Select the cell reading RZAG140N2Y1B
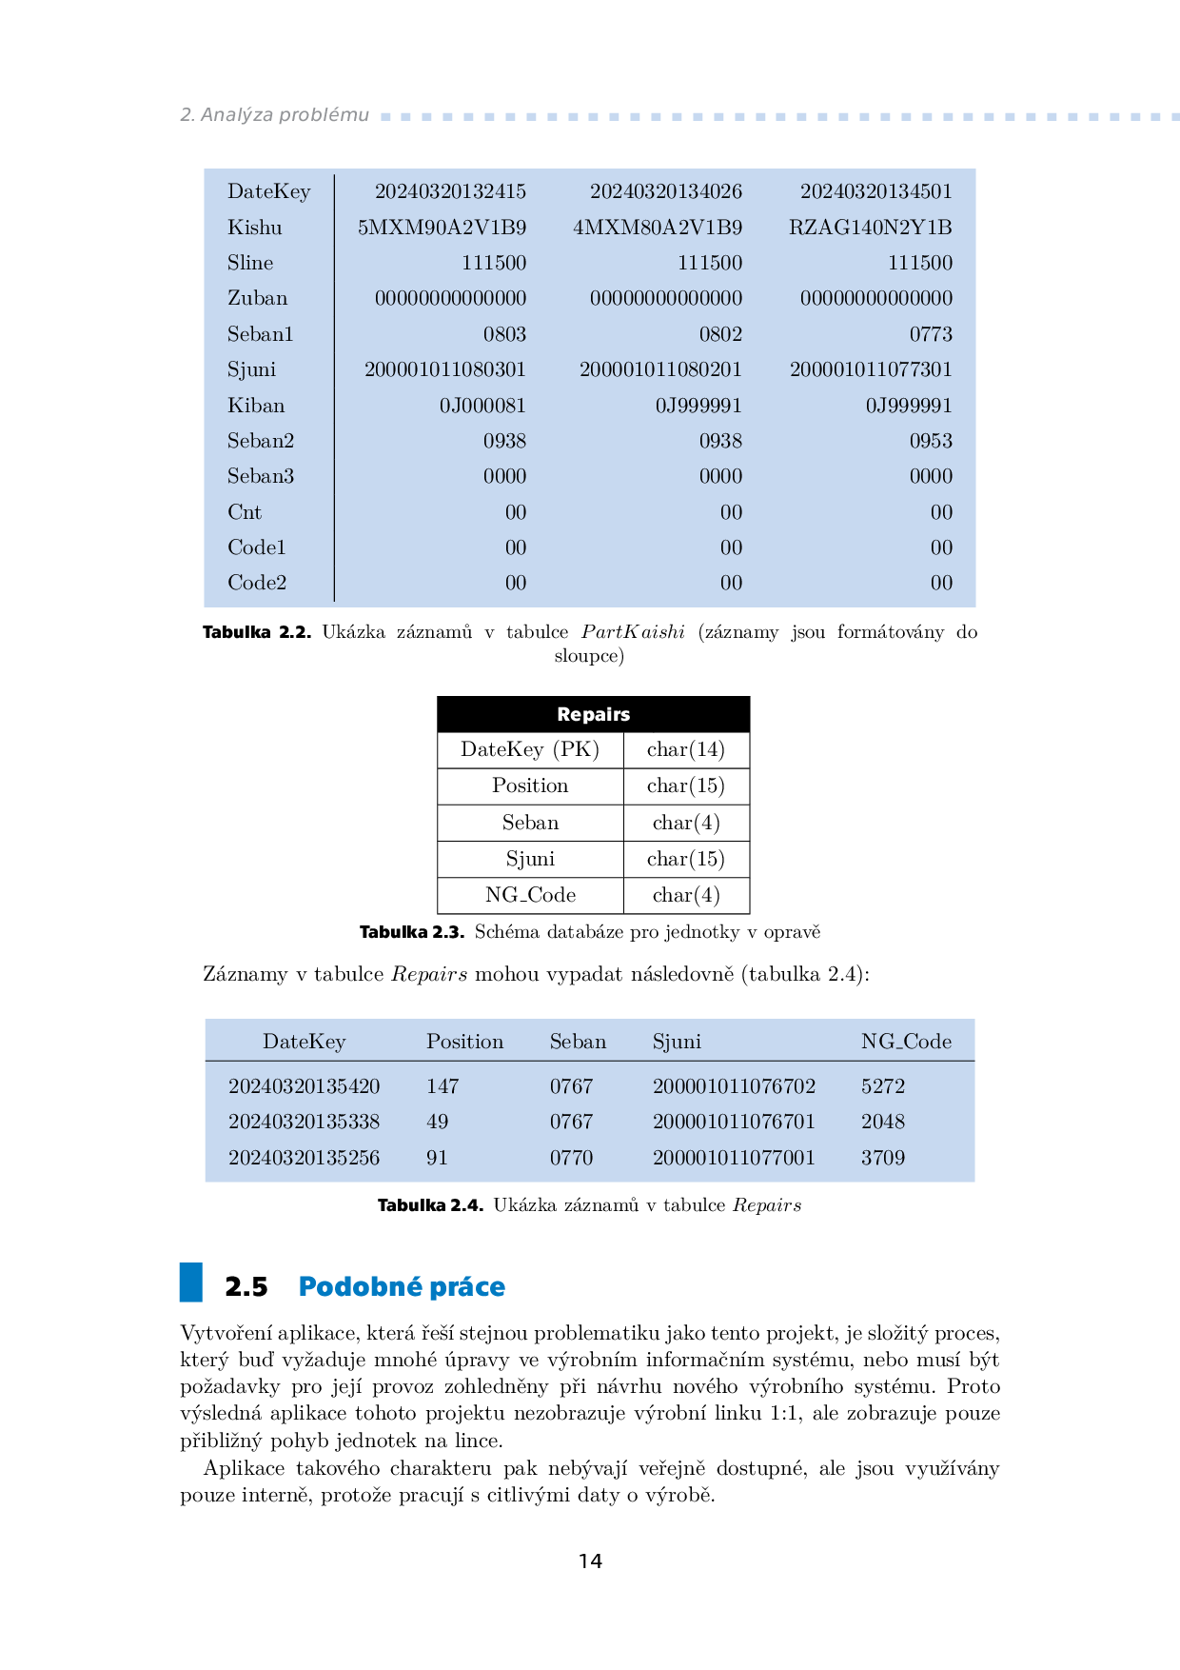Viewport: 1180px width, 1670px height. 870,228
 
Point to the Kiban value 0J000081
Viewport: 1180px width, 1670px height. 482,406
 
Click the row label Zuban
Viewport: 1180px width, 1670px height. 257,298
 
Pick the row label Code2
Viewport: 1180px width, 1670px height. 257,583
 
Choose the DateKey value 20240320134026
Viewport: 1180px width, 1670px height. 665,191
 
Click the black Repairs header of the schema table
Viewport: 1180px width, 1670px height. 593,714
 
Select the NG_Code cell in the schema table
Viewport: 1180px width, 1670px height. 530,895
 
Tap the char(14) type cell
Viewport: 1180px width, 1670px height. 685,749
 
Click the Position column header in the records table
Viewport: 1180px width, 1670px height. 464,1042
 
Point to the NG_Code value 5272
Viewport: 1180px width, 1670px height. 882,1086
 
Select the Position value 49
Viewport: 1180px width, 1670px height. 438,1122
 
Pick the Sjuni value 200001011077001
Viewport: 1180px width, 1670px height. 734,1158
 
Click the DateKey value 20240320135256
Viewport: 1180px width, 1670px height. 304,1158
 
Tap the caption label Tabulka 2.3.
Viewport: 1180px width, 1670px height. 411,932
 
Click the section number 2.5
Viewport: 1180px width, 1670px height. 246,1287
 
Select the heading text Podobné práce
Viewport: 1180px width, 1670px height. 402,1287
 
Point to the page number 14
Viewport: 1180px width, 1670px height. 590,1561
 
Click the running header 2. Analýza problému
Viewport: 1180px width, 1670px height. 274,115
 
